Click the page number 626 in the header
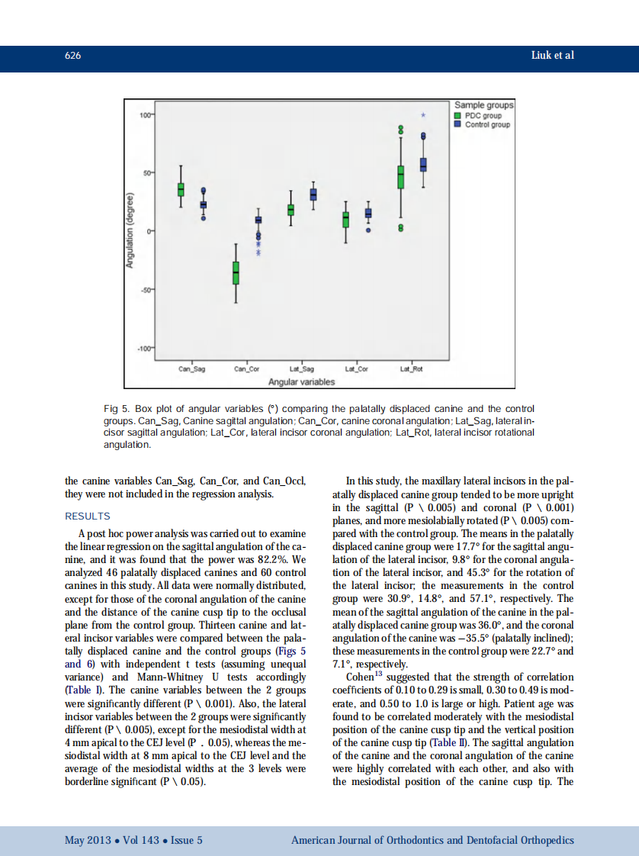[x=73, y=56]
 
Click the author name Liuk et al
[x=552, y=56]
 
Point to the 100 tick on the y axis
[x=146, y=114]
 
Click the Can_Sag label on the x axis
[x=191, y=369]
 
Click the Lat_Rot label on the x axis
[x=411, y=369]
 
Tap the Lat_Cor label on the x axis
[x=356, y=369]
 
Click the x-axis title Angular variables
[x=301, y=381]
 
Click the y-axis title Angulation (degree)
[x=130, y=230]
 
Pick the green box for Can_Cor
[x=236, y=272]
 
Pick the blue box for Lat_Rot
[x=423, y=165]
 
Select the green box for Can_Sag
[x=181, y=189]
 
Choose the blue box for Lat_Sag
[x=313, y=195]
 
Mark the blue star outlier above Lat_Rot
[x=423, y=115]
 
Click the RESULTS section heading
[x=88, y=516]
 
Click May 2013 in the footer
[x=87, y=840]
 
